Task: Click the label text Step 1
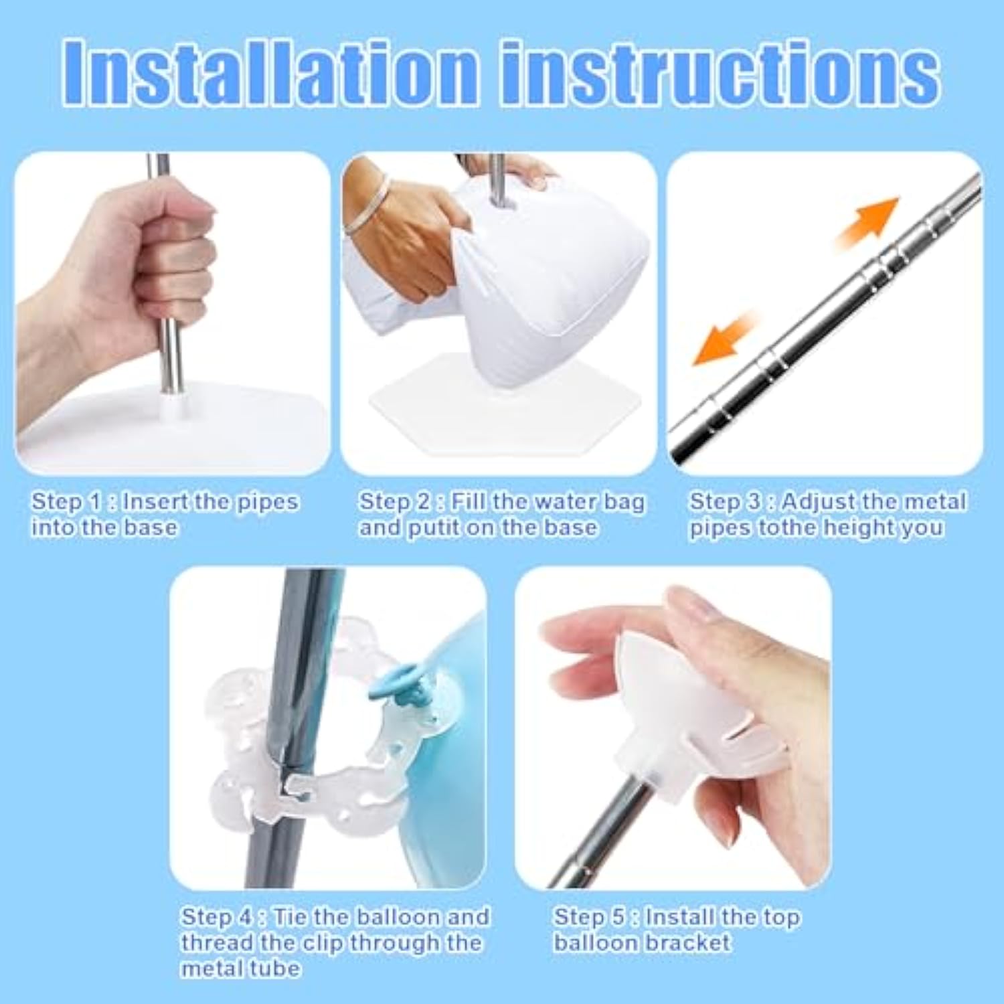[67, 501]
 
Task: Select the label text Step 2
[394, 501]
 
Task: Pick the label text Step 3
[726, 501]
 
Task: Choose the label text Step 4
[217, 916]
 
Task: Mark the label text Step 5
[589, 916]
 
